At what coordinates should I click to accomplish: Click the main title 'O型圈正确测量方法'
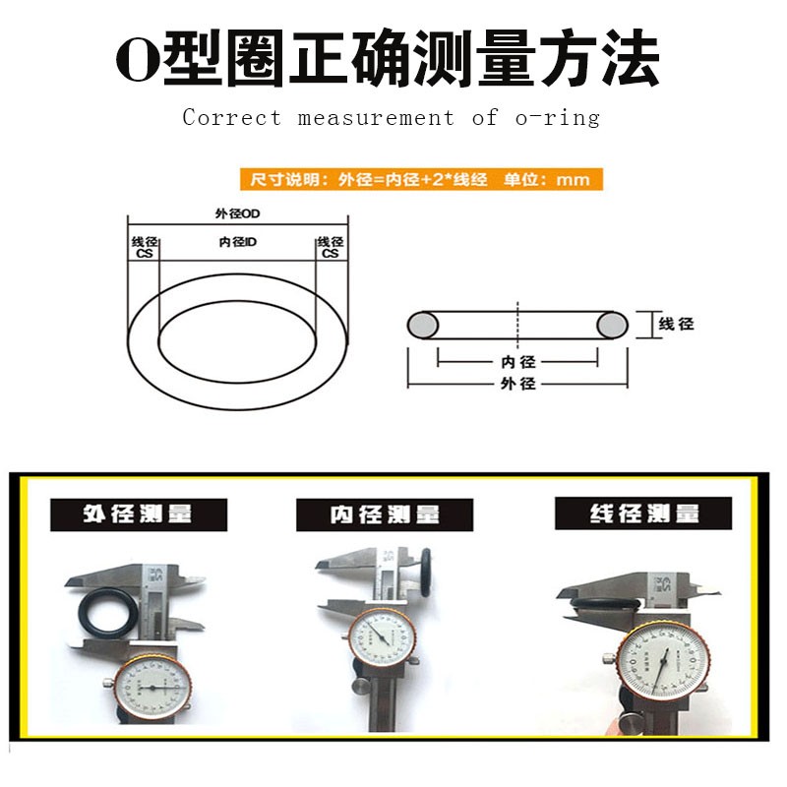coord(388,61)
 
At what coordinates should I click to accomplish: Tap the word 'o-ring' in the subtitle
coord(557,118)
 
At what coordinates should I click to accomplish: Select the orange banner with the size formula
coord(421,179)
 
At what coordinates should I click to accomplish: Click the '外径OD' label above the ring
coord(236,213)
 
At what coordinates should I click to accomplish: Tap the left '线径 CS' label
coord(144,247)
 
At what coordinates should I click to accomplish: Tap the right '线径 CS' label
coord(330,247)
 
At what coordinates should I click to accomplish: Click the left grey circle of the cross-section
coord(424,324)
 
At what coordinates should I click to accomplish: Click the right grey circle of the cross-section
coord(611,324)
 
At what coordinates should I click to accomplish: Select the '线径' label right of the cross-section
coord(676,324)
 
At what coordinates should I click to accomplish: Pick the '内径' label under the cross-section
coord(517,361)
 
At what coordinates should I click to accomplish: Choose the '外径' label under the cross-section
coord(517,383)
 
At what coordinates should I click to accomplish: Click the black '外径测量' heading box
coord(138,515)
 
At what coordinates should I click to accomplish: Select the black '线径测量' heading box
coord(643,514)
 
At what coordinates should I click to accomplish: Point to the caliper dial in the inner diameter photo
coord(381,638)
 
